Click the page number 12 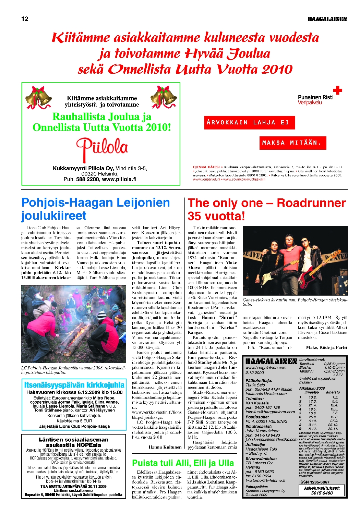point(25,19)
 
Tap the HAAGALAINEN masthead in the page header point(327,19)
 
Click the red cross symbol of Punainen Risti point(338,90)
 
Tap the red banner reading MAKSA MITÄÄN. point(292,143)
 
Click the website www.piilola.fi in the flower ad point(119,179)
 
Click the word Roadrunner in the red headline point(311,203)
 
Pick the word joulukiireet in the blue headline point(54,216)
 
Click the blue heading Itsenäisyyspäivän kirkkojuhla point(74,385)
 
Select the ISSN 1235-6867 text point(314,482)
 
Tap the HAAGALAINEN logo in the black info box point(271,361)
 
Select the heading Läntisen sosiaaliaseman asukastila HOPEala point(73,442)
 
